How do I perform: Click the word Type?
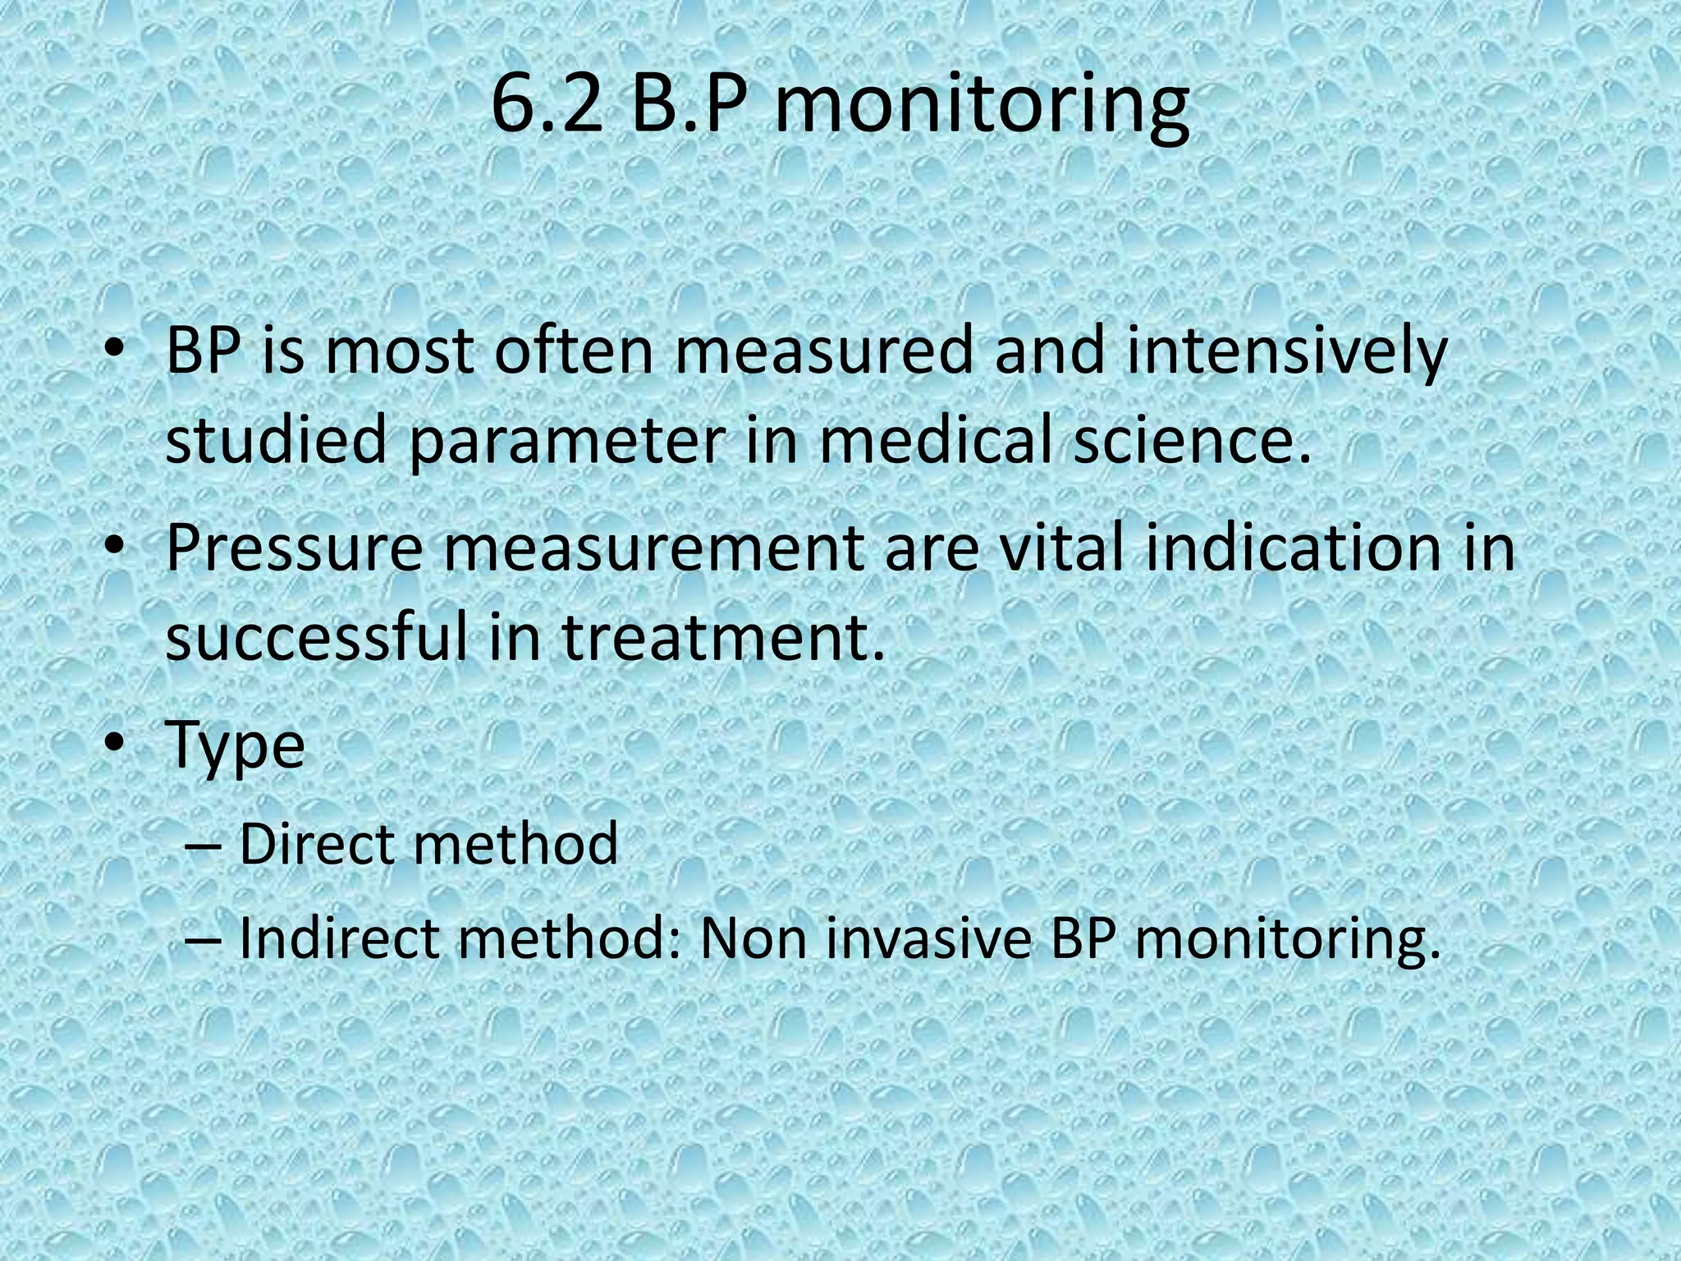click(236, 745)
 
